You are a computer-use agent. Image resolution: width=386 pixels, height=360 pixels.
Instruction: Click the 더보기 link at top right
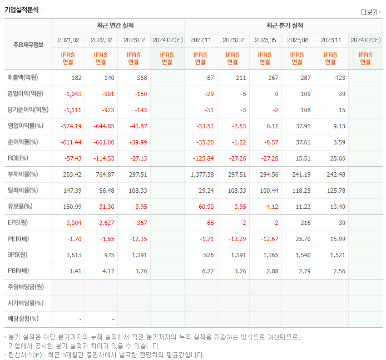click(x=370, y=12)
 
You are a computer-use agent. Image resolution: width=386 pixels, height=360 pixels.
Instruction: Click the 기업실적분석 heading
click(x=22, y=9)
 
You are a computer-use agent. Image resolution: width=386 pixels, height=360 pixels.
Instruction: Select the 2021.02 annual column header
click(x=69, y=40)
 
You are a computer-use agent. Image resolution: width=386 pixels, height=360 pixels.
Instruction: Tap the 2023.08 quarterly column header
click(x=298, y=40)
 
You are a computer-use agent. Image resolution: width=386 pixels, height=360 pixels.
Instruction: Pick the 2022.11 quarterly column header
click(x=200, y=40)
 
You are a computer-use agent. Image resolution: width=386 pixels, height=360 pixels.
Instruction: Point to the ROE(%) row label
click(x=18, y=158)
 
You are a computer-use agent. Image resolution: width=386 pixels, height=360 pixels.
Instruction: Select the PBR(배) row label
click(x=19, y=271)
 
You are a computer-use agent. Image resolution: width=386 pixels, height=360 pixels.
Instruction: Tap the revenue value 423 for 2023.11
click(x=339, y=78)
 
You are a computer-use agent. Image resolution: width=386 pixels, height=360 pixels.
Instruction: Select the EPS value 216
click(x=303, y=223)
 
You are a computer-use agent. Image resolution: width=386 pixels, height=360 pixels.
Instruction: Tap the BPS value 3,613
click(x=73, y=255)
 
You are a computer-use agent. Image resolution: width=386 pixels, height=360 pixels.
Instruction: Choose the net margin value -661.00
click(x=103, y=142)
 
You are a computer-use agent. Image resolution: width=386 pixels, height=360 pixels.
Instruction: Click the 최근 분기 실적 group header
click(x=284, y=26)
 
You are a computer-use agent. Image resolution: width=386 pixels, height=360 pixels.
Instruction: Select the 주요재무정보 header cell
click(x=28, y=44)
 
